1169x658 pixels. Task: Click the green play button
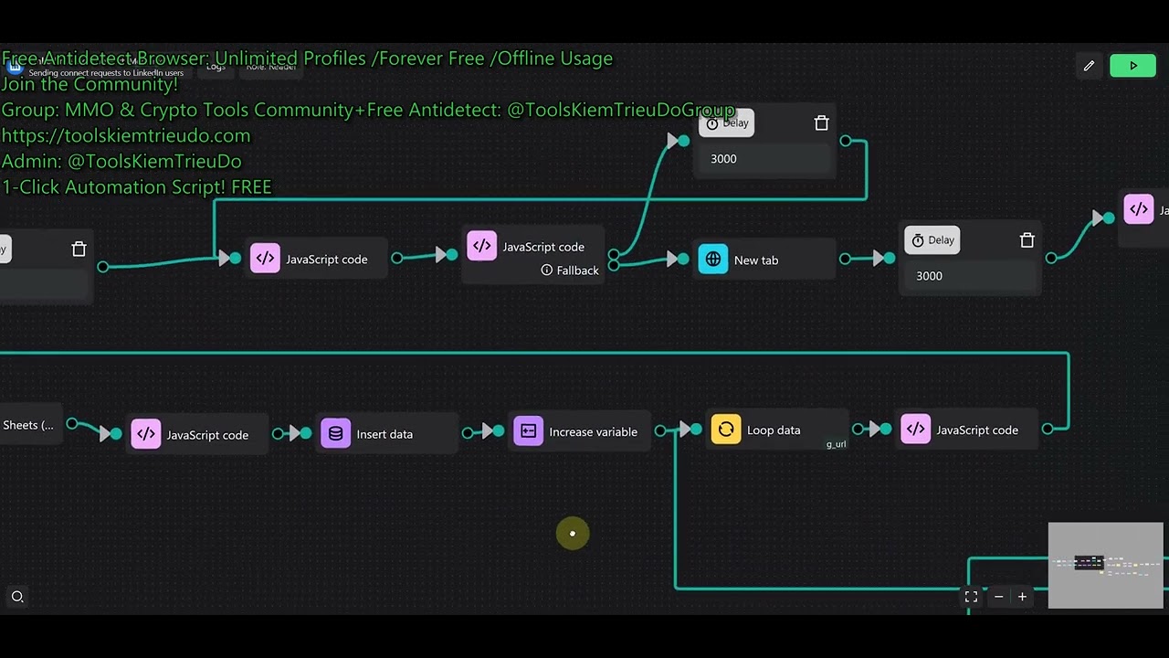1132,66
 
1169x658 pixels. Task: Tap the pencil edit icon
1089,66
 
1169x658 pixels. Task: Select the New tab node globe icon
713,260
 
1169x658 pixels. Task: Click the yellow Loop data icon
726,430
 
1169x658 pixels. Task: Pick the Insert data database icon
335,434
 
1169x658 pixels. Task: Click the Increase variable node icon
528,431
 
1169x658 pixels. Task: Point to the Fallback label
577,271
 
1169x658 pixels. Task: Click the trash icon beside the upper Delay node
821,123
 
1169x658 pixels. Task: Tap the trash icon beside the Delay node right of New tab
1027,240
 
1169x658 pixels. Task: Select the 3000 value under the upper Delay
723,159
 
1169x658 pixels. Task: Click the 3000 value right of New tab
929,276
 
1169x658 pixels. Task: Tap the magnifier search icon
17,597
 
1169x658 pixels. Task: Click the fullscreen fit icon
971,597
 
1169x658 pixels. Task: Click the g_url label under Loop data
836,445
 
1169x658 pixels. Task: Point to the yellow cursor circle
573,534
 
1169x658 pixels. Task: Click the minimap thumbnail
1106,565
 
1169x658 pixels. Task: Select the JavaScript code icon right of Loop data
916,430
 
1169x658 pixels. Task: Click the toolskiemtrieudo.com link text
126,136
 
